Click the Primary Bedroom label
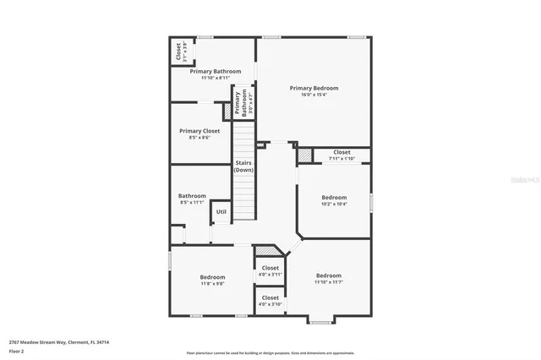(x=314, y=88)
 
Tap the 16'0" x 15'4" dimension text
(x=314, y=95)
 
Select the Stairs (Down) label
(x=244, y=166)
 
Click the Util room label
(x=221, y=211)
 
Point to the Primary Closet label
(x=199, y=131)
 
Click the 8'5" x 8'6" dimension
(x=199, y=138)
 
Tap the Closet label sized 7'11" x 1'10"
(x=342, y=152)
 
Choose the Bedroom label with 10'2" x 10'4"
(x=335, y=197)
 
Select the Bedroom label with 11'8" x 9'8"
(x=212, y=277)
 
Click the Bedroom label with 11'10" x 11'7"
(x=329, y=275)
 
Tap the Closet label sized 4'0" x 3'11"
(x=270, y=268)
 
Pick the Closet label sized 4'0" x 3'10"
(x=270, y=297)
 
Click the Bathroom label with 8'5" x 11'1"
(x=192, y=196)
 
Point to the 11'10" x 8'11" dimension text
(x=215, y=78)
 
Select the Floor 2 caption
(x=16, y=351)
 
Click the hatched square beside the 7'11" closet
(x=304, y=155)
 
